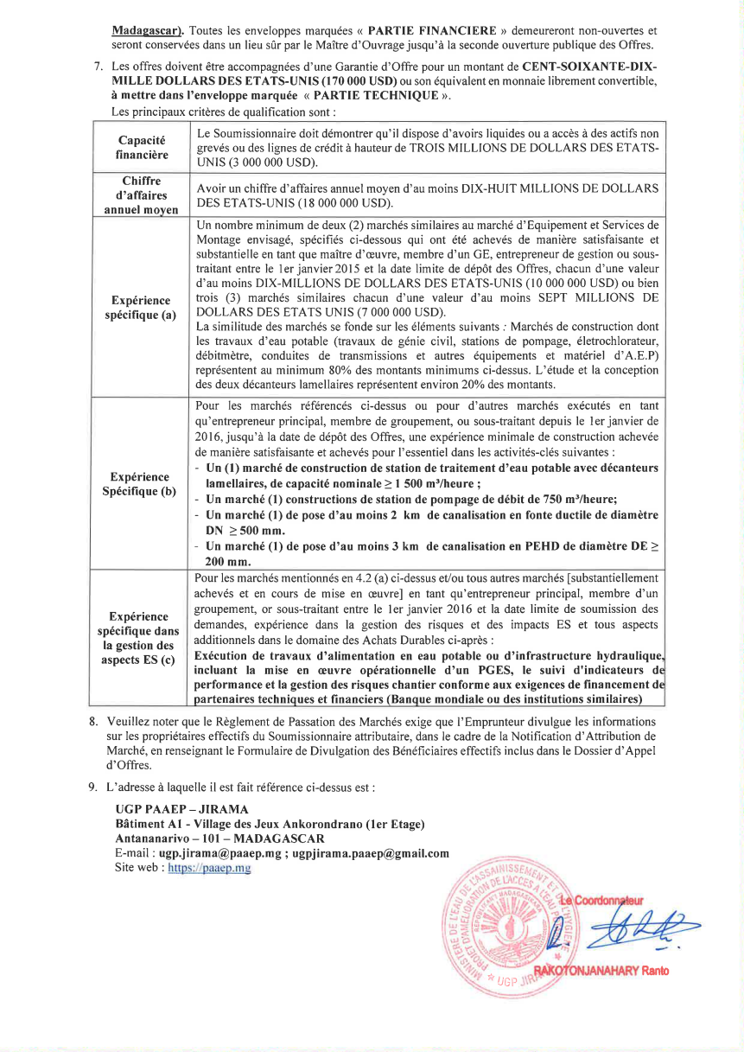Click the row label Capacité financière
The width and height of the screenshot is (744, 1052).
[143, 148]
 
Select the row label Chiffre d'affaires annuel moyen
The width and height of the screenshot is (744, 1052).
[143, 194]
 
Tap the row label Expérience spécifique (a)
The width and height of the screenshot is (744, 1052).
[143, 307]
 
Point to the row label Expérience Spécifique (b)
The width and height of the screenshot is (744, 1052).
[143, 483]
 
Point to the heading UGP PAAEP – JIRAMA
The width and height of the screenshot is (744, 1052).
[181, 809]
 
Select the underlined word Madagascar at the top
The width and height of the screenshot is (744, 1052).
[144, 30]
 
